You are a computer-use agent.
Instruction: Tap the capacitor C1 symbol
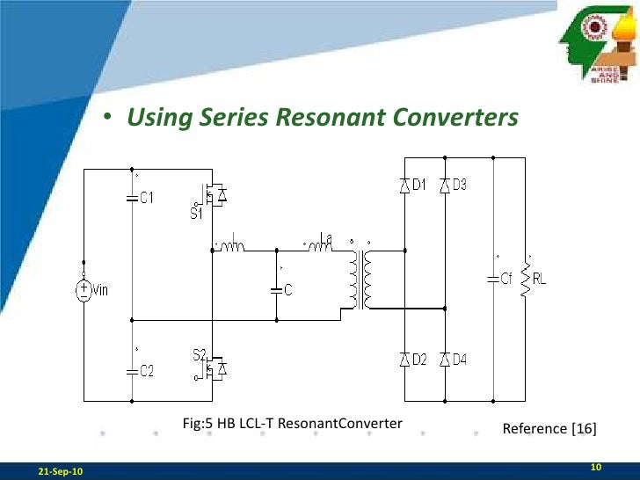point(131,198)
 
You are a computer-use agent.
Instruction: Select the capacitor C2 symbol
point(131,370)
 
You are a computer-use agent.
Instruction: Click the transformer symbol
point(360,280)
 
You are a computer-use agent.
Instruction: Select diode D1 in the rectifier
point(404,185)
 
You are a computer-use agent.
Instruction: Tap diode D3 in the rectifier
point(445,185)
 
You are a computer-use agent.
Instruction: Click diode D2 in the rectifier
point(404,359)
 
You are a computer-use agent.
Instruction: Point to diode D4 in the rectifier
point(445,359)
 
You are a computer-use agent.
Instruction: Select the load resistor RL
point(526,279)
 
